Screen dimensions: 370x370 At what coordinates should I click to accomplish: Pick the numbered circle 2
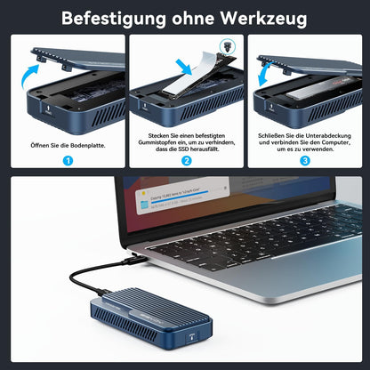pos(185,162)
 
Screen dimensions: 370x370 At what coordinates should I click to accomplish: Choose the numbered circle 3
pos(306,162)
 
